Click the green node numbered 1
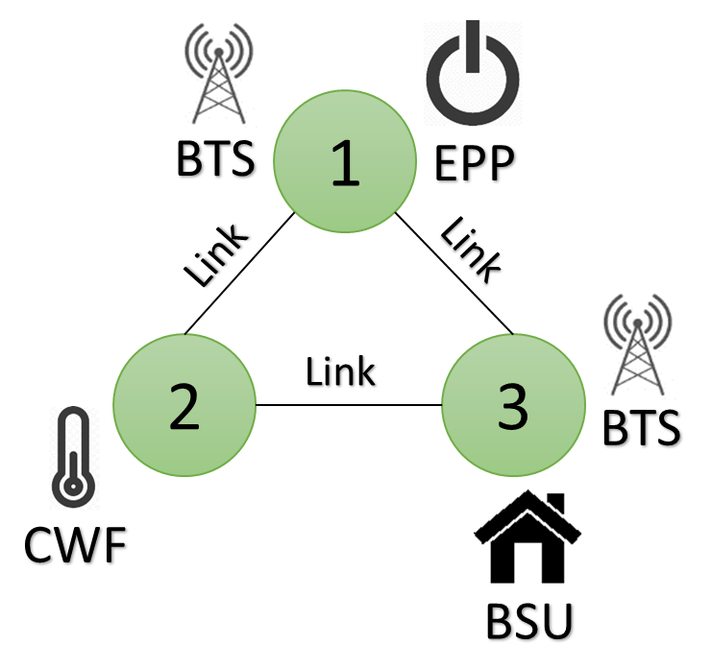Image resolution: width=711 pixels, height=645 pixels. click(x=345, y=161)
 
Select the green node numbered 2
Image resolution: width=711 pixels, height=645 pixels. click(x=184, y=405)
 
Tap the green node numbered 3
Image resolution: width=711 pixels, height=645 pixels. click(x=513, y=405)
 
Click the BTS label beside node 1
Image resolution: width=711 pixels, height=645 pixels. click(x=215, y=158)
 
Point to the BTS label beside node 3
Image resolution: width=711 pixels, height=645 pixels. click(x=641, y=427)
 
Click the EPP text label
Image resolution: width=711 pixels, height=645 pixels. click(x=475, y=163)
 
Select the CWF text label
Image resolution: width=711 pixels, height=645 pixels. click(x=75, y=544)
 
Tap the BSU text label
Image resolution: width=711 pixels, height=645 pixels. click(x=529, y=621)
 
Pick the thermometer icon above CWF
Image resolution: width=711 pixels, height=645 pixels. click(x=73, y=457)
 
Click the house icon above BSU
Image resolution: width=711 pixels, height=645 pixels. click(x=527, y=537)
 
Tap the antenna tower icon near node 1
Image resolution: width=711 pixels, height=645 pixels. click(x=218, y=73)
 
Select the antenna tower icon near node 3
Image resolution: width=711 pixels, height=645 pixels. click(x=638, y=345)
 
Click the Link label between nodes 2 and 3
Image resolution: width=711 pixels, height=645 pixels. click(x=340, y=371)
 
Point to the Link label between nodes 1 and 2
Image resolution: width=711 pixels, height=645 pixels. click(x=216, y=255)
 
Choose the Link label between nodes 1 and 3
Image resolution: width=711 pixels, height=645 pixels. click(x=472, y=250)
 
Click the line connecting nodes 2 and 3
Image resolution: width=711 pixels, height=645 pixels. click(x=349, y=405)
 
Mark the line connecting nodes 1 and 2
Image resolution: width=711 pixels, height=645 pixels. click(x=239, y=274)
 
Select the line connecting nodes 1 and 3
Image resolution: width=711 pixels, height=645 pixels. click(x=454, y=274)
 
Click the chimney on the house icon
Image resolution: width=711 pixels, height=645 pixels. click(x=556, y=503)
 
